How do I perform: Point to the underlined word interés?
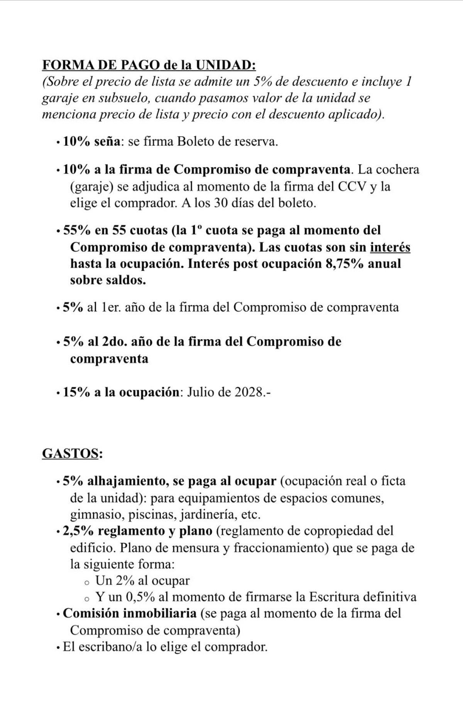click(x=390, y=247)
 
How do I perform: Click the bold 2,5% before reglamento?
click(x=78, y=531)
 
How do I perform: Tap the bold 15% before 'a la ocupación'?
click(x=77, y=392)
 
